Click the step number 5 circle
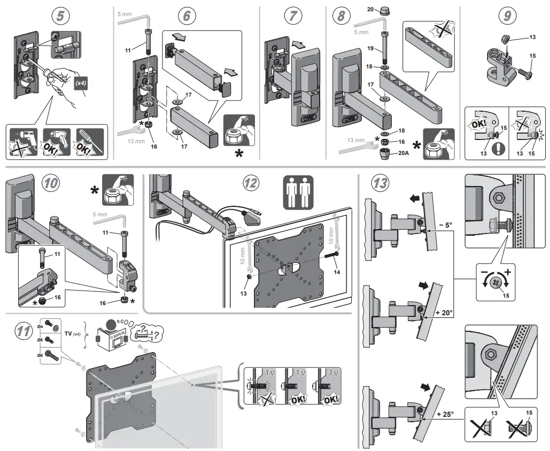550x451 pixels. coord(61,17)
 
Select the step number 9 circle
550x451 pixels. coord(507,17)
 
